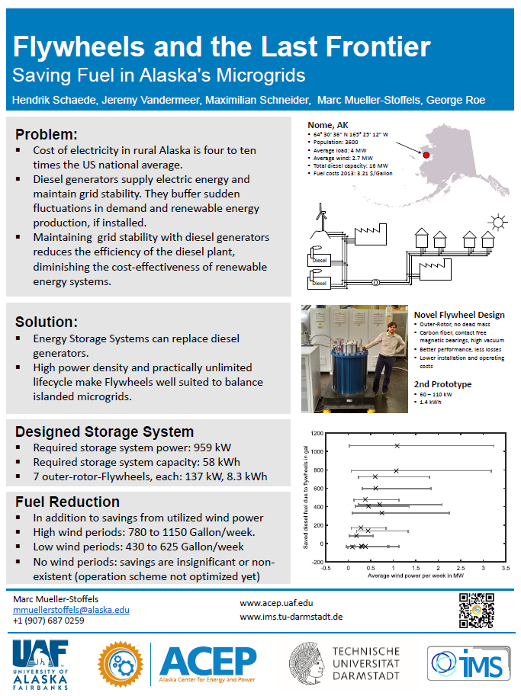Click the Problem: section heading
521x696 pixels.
[x=47, y=133]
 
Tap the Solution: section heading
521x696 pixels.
[x=47, y=322]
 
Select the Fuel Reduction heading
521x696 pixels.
[x=67, y=502]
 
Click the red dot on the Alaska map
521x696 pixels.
[x=426, y=155]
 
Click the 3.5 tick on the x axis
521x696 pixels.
[x=506, y=567]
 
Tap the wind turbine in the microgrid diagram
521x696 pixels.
[x=323, y=216]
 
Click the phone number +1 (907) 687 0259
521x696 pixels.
[x=49, y=621]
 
